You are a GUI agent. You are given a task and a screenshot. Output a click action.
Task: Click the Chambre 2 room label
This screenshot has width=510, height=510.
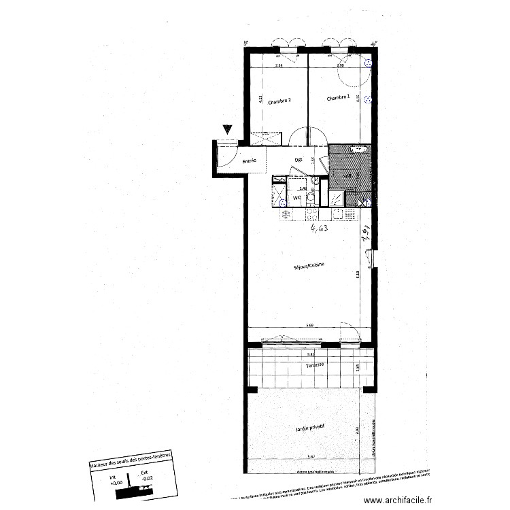point(279,101)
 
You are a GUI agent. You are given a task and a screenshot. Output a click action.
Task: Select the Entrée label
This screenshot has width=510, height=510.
point(249,160)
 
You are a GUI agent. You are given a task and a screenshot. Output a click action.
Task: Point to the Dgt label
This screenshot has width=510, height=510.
point(298,160)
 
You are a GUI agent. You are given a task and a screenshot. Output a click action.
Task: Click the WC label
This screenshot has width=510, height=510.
point(297,198)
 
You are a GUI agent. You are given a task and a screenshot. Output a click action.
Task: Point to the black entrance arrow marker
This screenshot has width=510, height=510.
point(227,130)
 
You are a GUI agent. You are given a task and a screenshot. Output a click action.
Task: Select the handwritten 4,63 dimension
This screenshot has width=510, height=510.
point(320,228)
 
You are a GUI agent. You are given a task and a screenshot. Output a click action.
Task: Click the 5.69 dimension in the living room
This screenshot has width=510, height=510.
point(310,326)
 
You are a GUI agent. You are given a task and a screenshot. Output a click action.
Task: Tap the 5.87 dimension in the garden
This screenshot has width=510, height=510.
point(312,456)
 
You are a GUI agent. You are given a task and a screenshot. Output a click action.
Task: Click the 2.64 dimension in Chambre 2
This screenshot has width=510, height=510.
point(278,65)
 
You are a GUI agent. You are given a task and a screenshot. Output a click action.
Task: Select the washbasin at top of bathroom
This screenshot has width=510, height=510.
point(357,148)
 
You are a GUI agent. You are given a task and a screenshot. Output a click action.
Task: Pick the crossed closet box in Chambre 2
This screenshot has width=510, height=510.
point(265,138)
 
